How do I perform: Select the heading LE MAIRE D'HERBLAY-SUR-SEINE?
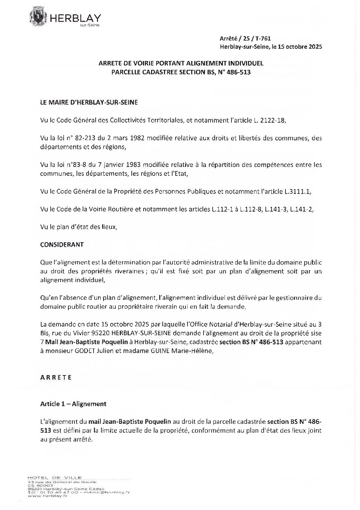click(89, 102)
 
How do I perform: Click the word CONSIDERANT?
click(62, 245)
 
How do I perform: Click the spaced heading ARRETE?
click(56, 377)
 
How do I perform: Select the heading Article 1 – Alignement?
click(73, 404)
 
